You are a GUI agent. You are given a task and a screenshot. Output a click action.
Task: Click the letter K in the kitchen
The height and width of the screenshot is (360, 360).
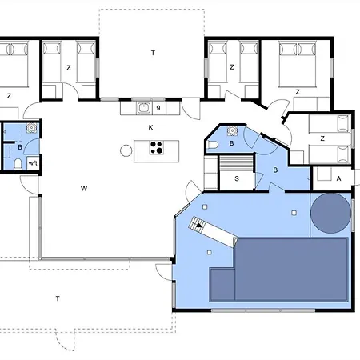150,128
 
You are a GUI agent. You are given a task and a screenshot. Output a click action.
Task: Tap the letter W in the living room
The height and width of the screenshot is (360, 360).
84,189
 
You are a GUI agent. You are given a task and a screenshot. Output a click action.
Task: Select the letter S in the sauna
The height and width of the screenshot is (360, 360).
237,178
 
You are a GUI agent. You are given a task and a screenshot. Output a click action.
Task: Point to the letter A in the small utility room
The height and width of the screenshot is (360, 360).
338,178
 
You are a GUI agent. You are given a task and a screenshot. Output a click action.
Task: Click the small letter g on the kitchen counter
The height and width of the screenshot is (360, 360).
158,107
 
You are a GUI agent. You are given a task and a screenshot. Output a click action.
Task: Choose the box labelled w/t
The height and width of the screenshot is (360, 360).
33,163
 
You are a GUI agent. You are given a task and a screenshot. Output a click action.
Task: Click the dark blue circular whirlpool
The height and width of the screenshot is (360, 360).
330,213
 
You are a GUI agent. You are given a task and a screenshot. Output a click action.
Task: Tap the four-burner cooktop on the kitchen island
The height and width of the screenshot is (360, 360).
157,147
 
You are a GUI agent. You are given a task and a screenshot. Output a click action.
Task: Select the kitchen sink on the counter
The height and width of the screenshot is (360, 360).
144,108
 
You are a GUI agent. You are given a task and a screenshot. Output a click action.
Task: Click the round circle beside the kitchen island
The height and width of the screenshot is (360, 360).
126,150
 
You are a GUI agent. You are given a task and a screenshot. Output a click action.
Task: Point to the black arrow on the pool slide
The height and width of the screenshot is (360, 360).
199,226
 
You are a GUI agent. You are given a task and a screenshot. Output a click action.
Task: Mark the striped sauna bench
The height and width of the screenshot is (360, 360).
235,163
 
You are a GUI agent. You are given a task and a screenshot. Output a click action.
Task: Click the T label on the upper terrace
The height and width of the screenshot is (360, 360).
153,53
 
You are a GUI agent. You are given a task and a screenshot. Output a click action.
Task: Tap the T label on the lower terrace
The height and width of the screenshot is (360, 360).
58,298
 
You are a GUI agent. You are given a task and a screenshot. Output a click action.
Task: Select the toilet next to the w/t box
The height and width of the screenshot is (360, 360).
18,164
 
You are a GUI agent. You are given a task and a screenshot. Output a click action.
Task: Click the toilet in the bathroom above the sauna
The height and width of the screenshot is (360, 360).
213,145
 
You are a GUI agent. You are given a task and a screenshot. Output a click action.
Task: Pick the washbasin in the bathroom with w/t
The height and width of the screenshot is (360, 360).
31,128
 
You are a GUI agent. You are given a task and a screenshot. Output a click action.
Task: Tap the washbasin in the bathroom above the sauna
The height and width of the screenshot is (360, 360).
232,130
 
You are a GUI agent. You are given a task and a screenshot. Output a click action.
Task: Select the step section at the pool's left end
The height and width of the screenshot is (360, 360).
222,285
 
